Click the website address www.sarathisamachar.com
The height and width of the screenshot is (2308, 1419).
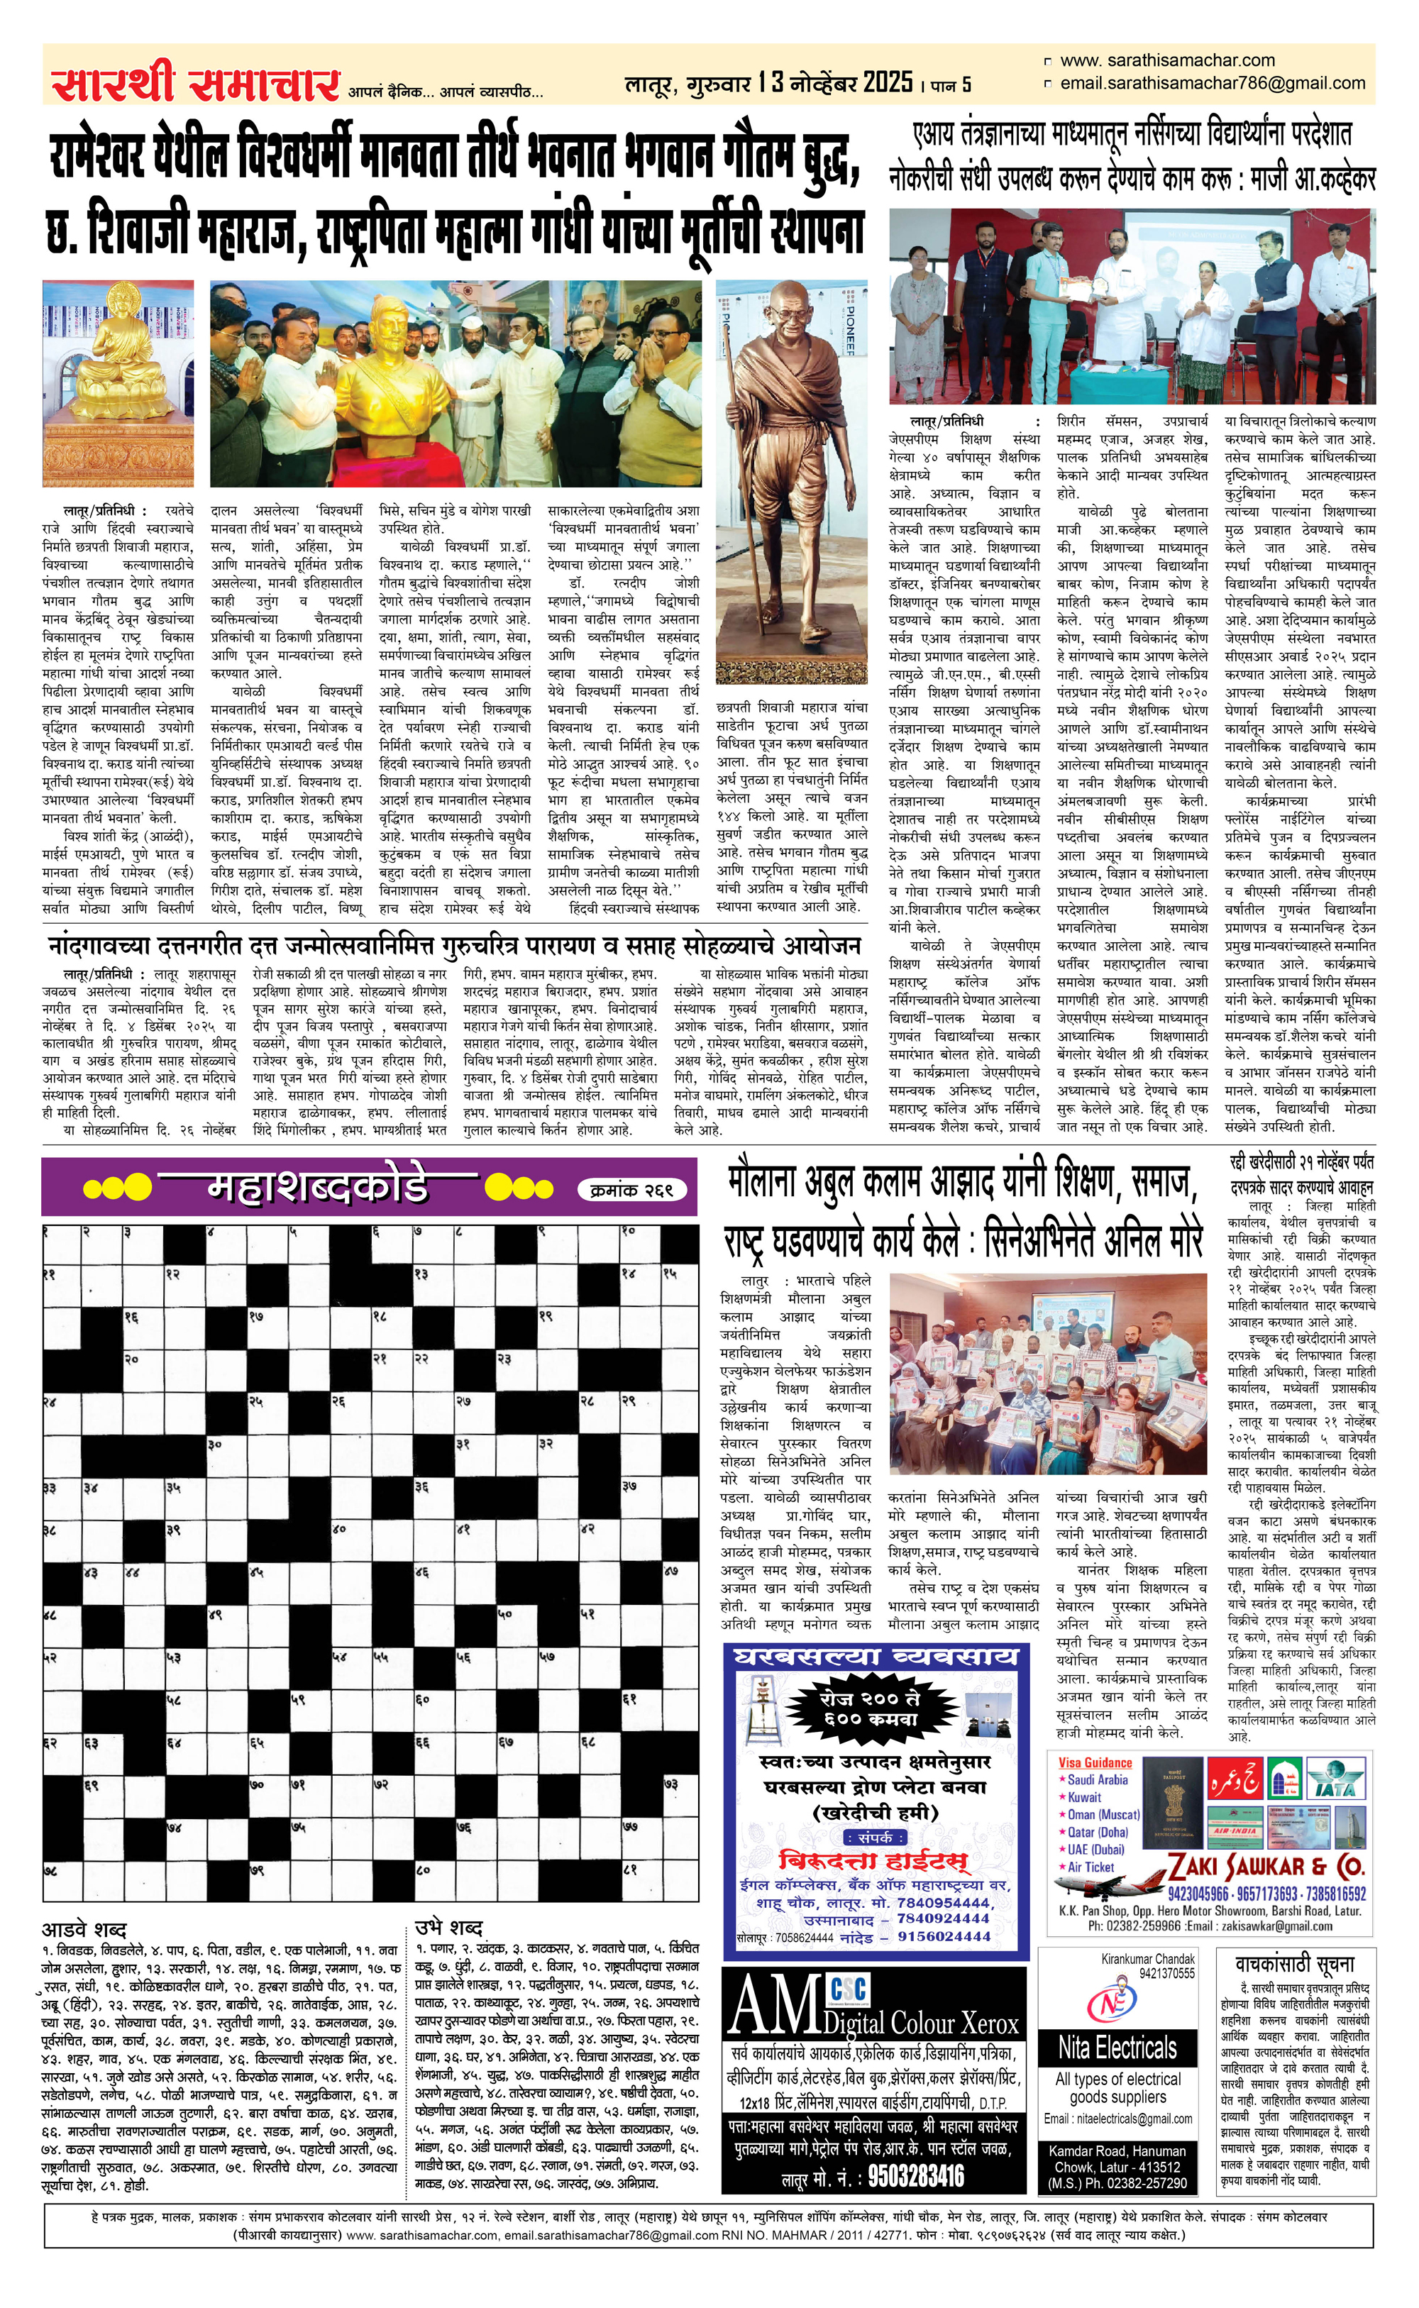[x=1166, y=60]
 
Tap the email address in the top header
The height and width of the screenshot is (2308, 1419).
[x=1212, y=84]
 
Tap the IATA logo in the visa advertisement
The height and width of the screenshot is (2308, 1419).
[x=1335, y=1778]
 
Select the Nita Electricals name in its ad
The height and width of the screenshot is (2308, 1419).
[x=1117, y=2046]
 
